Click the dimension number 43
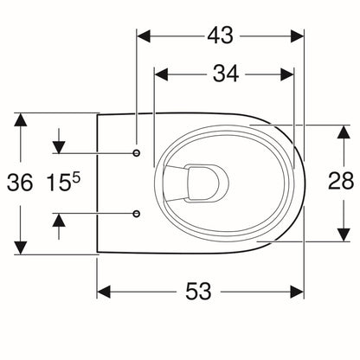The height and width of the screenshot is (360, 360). pos(220,36)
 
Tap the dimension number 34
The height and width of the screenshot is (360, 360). pos(226,74)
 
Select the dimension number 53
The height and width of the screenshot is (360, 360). pos(198,292)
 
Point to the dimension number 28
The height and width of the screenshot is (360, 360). pos(341,181)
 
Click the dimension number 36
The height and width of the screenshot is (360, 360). pos(20,183)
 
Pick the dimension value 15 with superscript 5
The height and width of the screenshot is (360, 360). pos(63,182)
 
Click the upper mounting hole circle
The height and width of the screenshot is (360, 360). pos(137,153)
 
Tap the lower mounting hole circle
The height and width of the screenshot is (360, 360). pos(137,214)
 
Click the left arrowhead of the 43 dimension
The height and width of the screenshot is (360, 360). pos(144,36)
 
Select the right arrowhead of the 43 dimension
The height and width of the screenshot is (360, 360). pos(297,36)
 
